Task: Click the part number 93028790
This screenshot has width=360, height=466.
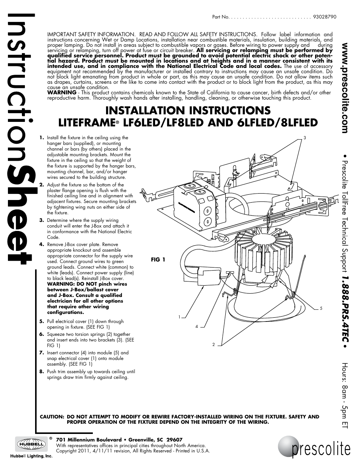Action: tap(325, 17)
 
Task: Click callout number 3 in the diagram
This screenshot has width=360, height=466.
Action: tap(305, 137)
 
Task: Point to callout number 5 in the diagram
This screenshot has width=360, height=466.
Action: tap(321, 308)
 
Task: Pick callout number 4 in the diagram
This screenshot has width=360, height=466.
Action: tap(197, 326)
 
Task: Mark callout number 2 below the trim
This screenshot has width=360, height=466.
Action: tap(213, 344)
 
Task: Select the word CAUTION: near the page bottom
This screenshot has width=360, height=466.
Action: tap(52, 417)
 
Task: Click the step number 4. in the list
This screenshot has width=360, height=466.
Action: tap(42, 245)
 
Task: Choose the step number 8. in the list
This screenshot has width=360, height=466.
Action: tap(42, 372)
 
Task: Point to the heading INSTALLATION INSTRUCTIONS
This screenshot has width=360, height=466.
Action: tap(188, 110)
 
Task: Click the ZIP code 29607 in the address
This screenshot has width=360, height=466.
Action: tap(174, 440)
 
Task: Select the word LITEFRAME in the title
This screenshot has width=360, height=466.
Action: tap(86, 123)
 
